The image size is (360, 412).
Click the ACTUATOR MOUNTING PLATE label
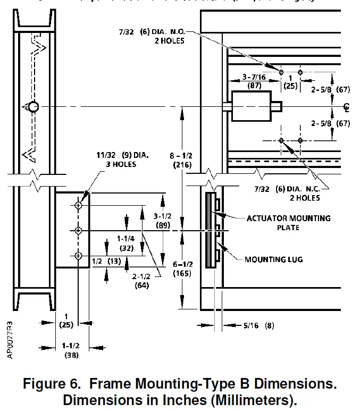(288, 223)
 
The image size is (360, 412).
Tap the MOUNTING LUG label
(273, 259)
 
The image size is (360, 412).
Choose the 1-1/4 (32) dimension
(127, 243)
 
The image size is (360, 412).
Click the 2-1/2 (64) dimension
(140, 281)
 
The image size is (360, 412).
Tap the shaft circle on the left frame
(34, 107)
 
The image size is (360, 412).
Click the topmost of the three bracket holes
(79, 205)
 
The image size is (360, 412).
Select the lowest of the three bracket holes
(79, 256)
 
